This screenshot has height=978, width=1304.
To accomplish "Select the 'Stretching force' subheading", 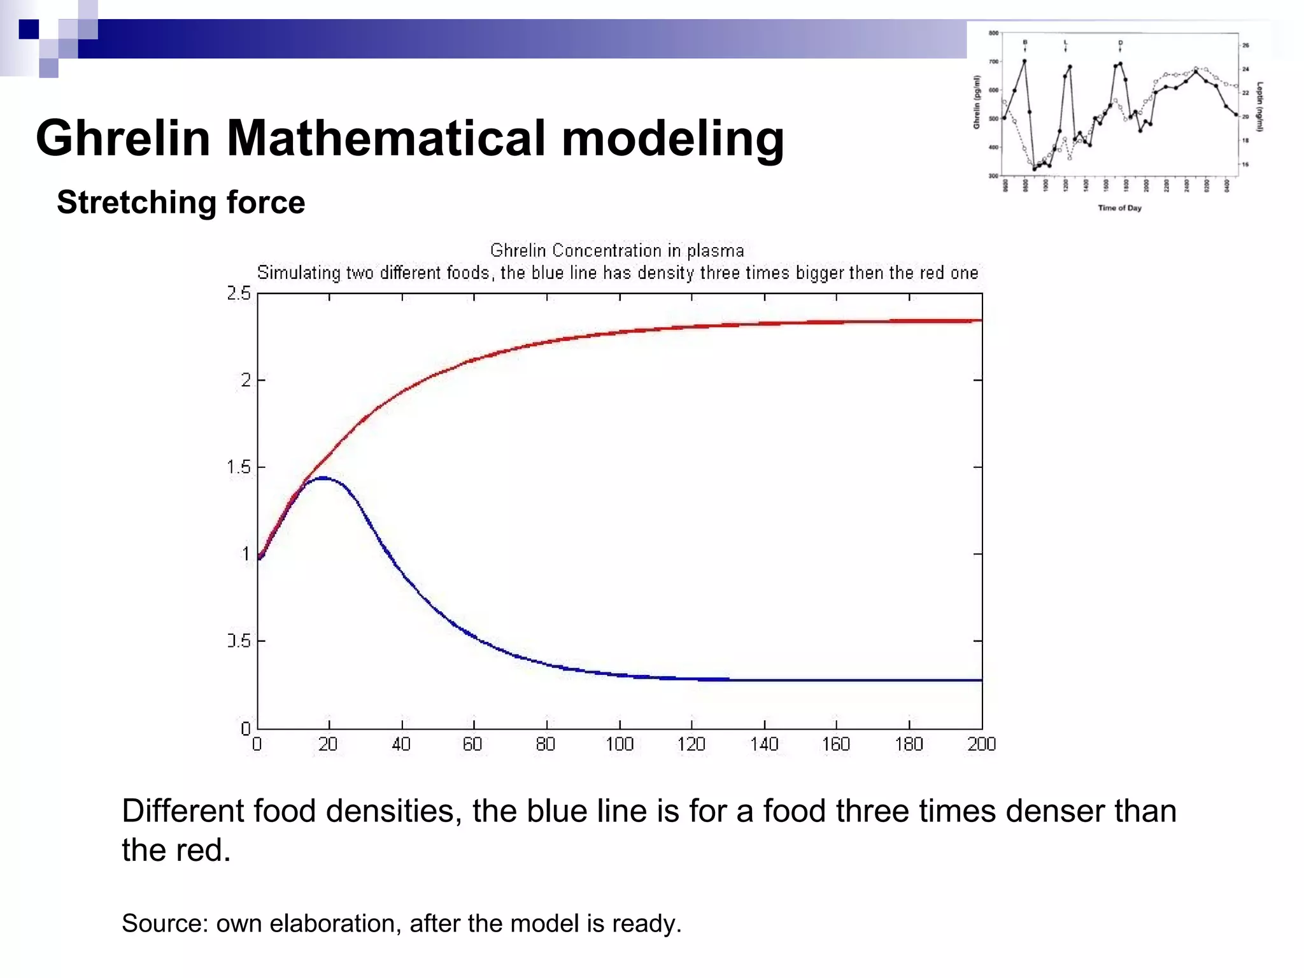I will (x=181, y=202).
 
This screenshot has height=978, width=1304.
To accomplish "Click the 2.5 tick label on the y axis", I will (x=239, y=294).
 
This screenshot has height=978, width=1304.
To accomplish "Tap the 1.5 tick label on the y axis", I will (x=239, y=467).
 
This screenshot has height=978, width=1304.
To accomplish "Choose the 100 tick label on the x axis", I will (x=619, y=744).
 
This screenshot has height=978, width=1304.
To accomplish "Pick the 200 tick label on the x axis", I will (x=981, y=744).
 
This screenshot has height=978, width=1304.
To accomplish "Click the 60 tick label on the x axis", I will (x=472, y=744).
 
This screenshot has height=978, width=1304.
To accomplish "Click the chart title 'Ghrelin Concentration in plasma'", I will (x=616, y=250).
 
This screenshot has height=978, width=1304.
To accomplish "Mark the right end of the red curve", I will (x=981, y=320).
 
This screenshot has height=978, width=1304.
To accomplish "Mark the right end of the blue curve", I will (x=981, y=680).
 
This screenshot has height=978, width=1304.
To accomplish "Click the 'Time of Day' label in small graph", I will (x=1119, y=208).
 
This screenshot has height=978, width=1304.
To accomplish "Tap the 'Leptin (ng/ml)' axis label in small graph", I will (x=1260, y=106).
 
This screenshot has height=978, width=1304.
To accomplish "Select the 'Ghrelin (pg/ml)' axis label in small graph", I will (x=976, y=102).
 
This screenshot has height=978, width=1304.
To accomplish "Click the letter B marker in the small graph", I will (x=1024, y=42).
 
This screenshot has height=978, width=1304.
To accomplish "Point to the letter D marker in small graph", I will (x=1120, y=43).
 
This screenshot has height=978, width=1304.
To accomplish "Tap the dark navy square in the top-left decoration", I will (x=29, y=29).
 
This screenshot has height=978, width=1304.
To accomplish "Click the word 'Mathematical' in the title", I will (x=386, y=138).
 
